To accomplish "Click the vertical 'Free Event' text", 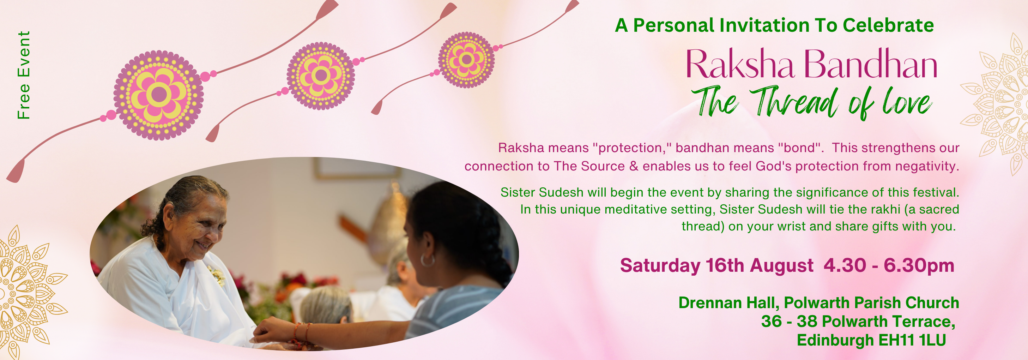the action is pos(24,75).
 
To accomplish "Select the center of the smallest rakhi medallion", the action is pos(466,60).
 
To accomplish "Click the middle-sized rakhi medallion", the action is pos(320,76).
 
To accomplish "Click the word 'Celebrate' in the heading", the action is pos(888,25).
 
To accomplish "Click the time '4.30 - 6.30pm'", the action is pos(889,265).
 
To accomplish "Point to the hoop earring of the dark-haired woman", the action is pos(428,260).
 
